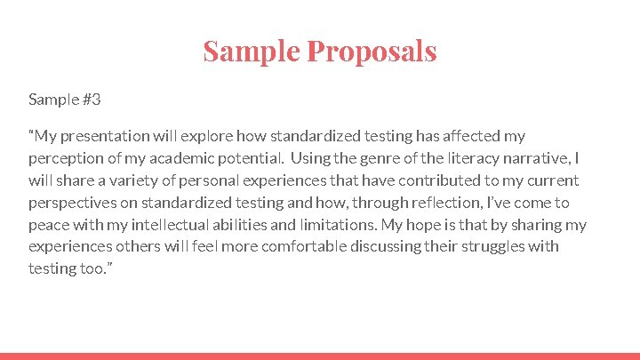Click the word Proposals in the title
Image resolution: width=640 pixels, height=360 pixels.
(x=372, y=51)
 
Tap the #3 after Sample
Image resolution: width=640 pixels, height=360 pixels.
(x=91, y=99)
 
